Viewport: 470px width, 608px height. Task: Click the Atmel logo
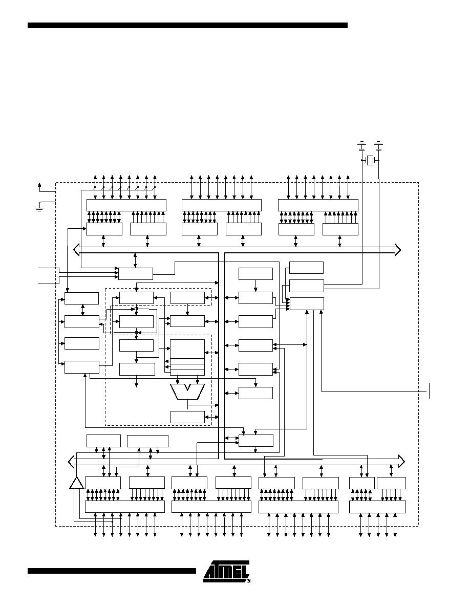pos(226,571)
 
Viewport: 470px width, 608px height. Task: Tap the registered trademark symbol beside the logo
pos(248,580)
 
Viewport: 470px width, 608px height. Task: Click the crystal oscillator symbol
pos(370,160)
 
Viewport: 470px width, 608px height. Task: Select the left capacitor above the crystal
pos(361,146)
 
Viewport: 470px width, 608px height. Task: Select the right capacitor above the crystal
pos(379,146)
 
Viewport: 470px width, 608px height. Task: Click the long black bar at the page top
pos(187,25)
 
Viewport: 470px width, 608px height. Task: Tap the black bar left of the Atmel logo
pos(112,571)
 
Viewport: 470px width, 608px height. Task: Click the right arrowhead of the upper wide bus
pos(397,250)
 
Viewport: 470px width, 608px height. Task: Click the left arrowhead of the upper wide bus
pos(76,250)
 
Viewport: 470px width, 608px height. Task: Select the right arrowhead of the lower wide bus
pos(401,462)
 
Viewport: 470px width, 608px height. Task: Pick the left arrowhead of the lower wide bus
pos(71,462)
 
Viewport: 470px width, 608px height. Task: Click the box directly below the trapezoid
pos(187,417)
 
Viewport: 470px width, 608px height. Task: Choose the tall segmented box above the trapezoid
pos(187,358)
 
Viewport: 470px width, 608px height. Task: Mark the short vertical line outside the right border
pos(429,390)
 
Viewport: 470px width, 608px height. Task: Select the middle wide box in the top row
pos(221,205)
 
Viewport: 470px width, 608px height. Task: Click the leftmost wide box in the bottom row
pos(125,507)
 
